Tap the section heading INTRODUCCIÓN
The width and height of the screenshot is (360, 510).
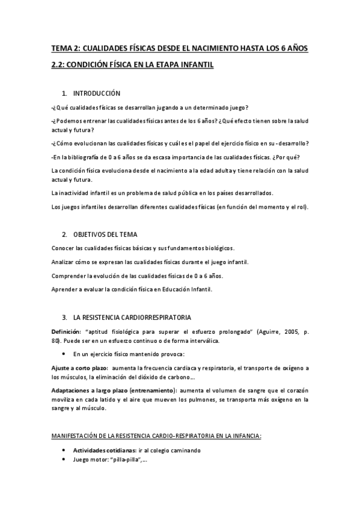coord(97,93)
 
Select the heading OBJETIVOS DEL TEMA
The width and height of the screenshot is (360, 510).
coord(106,233)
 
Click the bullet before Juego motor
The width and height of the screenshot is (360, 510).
coord(65,459)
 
